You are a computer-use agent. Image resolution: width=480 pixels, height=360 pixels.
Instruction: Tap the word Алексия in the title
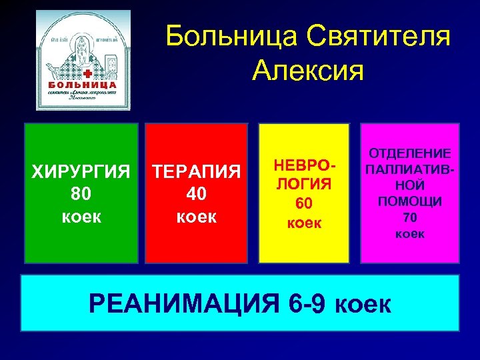308,69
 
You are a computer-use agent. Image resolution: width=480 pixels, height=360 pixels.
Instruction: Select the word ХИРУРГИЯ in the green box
81,173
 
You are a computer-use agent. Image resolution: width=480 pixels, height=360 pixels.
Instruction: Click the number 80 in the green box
81,194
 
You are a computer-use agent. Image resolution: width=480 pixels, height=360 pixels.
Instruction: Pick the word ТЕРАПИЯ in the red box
197,173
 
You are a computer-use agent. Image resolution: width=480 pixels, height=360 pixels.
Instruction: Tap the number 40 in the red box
197,194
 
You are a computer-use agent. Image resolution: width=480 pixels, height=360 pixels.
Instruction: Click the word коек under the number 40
197,216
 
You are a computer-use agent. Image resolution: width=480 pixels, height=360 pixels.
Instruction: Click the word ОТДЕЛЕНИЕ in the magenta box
410,153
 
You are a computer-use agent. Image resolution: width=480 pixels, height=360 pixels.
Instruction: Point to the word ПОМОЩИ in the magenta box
410,201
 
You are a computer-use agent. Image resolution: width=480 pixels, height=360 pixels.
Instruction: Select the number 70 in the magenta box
410,217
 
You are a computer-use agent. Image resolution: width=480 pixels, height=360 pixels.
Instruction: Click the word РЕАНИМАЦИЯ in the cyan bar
184,304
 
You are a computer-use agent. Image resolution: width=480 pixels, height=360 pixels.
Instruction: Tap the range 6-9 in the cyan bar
307,304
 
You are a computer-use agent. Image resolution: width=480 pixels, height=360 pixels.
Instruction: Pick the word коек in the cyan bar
363,305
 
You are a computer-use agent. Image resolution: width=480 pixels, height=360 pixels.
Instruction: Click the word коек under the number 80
81,216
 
